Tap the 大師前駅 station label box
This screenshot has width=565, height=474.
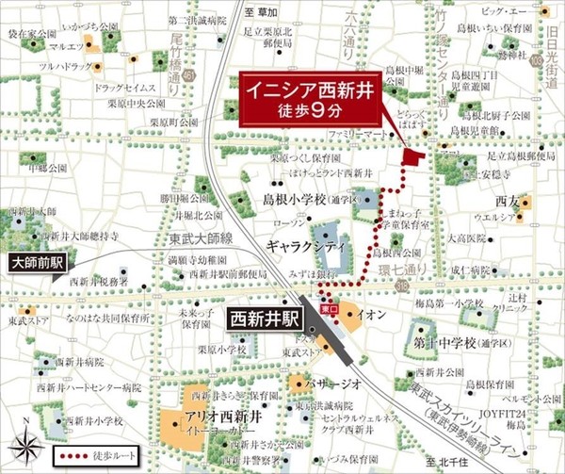(x=35, y=263)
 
